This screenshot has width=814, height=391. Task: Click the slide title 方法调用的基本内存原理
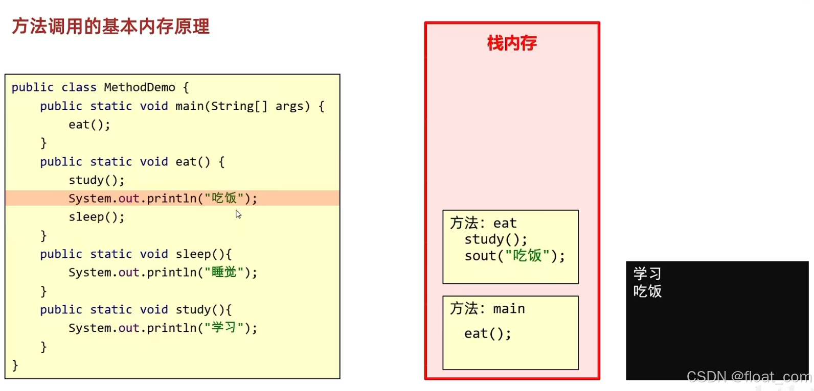(110, 27)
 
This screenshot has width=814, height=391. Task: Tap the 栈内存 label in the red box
(512, 43)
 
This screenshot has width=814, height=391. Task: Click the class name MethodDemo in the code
(139, 87)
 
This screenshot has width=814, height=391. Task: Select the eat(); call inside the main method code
(89, 125)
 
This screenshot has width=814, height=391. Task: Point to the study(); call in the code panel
(96, 180)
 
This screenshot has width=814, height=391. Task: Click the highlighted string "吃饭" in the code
(224, 198)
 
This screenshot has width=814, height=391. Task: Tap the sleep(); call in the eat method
(96, 217)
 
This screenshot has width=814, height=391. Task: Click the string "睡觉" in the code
(224, 272)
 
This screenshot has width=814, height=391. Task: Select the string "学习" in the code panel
(224, 328)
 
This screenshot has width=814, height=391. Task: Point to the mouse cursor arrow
(238, 214)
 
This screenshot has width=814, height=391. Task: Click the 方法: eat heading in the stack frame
(483, 223)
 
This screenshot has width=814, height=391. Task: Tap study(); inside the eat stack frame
(495, 239)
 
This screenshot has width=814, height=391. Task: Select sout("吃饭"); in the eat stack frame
(514, 256)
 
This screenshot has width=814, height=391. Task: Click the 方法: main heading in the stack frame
(487, 309)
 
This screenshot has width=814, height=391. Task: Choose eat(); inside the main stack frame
(487, 334)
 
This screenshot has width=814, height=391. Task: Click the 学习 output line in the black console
(647, 274)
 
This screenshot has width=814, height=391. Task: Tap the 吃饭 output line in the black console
(647, 291)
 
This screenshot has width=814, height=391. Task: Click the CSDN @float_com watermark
(749, 377)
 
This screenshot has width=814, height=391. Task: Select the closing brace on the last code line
(15, 365)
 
